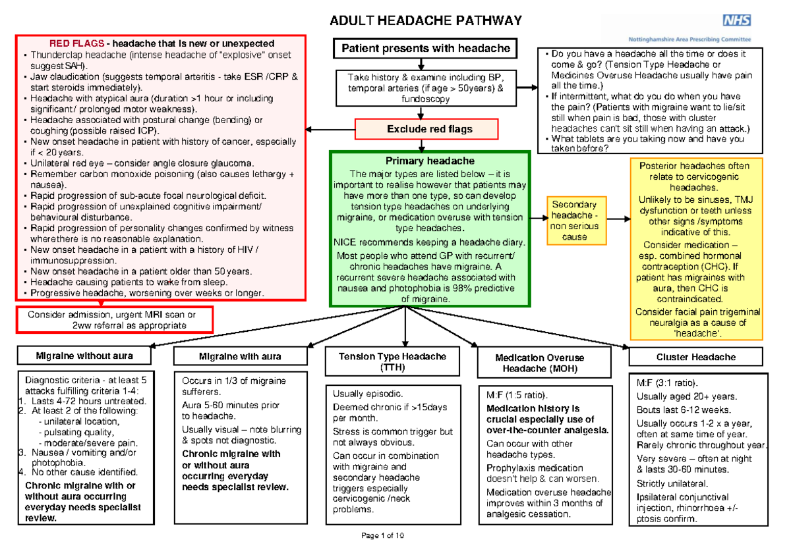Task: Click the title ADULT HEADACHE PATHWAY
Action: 425,21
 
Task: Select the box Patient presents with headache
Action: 425,48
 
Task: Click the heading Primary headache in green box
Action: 429,161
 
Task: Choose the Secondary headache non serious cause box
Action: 575,221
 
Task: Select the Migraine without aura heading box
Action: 84,356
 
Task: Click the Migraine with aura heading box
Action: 240,356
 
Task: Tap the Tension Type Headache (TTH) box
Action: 392,361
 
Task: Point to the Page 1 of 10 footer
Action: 383,535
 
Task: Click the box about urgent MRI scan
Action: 115,319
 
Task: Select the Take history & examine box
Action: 425,88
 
